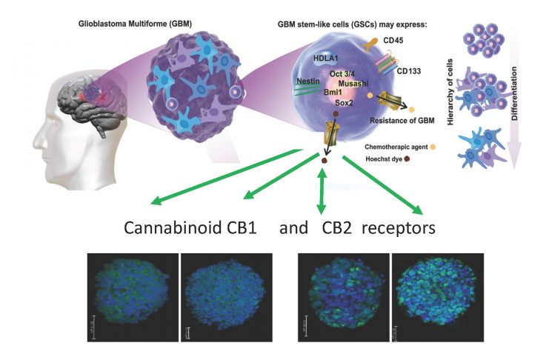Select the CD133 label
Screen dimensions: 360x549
(x=409, y=73)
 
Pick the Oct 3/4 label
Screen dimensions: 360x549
(x=344, y=74)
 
